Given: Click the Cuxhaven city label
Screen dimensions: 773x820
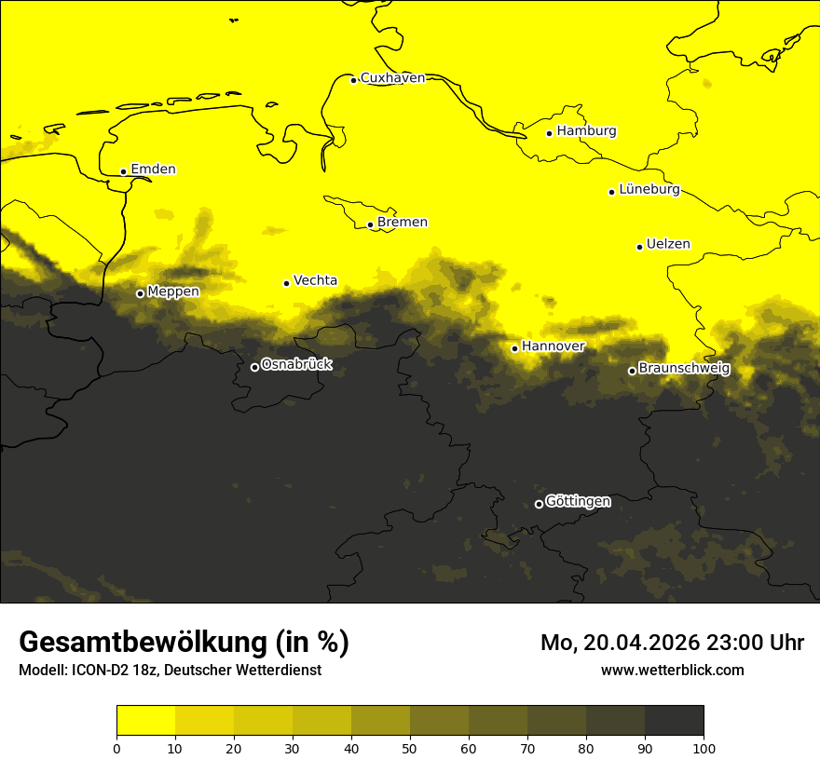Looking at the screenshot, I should pyautogui.click(x=392, y=78).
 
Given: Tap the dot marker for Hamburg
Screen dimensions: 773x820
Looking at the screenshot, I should pyautogui.click(x=550, y=133).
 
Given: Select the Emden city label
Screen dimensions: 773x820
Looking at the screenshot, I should pyautogui.click(x=153, y=170).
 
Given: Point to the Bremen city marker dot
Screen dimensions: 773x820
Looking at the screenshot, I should pyautogui.click(x=370, y=224).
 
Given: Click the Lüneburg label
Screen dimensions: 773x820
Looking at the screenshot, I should pyautogui.click(x=649, y=190).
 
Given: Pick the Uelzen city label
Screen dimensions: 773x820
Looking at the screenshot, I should pyautogui.click(x=668, y=245).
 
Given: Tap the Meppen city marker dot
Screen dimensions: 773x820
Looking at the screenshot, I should pyautogui.click(x=140, y=293).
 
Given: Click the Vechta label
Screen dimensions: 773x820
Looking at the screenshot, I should pyautogui.click(x=315, y=280).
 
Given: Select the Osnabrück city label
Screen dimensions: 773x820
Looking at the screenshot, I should pyautogui.click(x=296, y=365).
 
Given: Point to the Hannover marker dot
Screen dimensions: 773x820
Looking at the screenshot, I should pyautogui.click(x=514, y=348).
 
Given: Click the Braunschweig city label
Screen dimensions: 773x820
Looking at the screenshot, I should pyautogui.click(x=684, y=369).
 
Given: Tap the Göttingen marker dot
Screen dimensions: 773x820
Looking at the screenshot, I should pyautogui.click(x=539, y=504).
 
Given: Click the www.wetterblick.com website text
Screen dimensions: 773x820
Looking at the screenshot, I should pyautogui.click(x=672, y=670).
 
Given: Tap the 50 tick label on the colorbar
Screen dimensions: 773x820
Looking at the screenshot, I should pyautogui.click(x=410, y=748).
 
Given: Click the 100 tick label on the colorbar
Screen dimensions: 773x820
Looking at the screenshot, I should pyautogui.click(x=704, y=748).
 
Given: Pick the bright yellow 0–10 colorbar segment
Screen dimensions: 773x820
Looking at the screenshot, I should pyautogui.click(x=145, y=721).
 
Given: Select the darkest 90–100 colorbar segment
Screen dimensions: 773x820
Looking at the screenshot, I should pyautogui.click(x=674, y=721).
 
